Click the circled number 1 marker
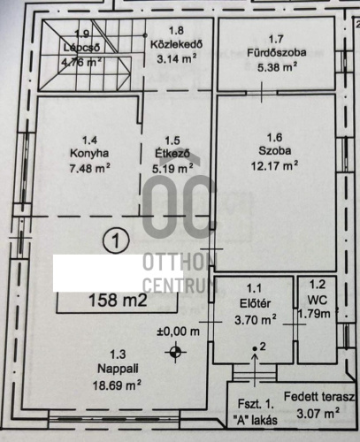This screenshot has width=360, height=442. tap(116, 240)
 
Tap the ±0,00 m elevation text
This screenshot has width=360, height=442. tap(178, 331)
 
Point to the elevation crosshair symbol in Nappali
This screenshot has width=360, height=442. tap(175, 352)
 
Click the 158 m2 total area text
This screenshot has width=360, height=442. tap(118, 301)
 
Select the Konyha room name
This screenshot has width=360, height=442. tap(89, 153)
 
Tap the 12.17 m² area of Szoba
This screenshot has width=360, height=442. tap(274, 165)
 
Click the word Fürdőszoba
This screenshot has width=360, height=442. tap(277, 53)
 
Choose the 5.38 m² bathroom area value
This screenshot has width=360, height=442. tap(277, 67)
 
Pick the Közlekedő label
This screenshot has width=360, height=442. tap(176, 44)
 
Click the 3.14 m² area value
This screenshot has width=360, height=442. tap(176, 59)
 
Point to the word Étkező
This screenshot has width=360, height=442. tap(172, 154)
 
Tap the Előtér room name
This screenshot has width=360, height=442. tap(255, 303)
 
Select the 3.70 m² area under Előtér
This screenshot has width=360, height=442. tap(256, 319)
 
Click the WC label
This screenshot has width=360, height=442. tap(318, 300)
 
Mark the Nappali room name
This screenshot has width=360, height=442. tap(118, 369)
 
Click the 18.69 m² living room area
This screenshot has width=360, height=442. tap(117, 385)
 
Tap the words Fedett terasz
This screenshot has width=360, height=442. tap(319, 397)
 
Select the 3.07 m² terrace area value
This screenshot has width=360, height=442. tap(318, 414)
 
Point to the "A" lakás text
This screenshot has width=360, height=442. tap(256, 420)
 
